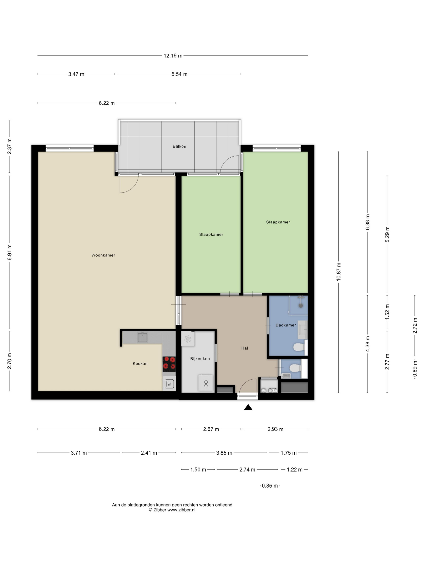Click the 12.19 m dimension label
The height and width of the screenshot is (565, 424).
173,56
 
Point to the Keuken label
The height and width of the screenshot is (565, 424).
140,363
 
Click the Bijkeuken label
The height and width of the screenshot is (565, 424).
200,359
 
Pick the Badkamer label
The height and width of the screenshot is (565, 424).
286,325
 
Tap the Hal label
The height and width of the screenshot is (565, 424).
245,348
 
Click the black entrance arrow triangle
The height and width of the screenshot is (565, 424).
248,407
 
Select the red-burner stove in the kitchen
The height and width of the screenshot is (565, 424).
169,364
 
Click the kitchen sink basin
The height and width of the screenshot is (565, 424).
142,337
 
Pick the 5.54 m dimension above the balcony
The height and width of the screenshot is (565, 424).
179,74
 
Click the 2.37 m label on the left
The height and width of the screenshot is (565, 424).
9,146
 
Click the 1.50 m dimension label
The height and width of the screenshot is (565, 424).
198,470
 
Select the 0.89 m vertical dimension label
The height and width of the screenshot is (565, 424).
415,368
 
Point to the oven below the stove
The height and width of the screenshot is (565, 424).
169,384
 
